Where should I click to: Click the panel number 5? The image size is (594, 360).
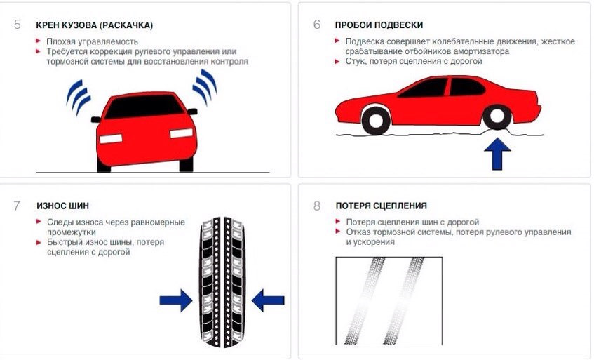coord(17,25)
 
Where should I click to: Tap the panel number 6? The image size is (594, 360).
coord(317,25)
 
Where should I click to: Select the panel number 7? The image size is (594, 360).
coord(17,206)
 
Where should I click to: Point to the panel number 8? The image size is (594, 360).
coord(317,206)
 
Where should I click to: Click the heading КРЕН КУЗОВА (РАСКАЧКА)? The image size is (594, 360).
coord(94,25)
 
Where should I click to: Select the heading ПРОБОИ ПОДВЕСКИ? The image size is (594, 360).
coord(379,25)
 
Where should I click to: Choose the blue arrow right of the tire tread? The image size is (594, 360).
coord(267,301)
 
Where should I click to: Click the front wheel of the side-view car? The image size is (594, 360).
coord(497,118)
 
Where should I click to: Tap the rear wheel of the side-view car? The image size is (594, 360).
coord(376,120)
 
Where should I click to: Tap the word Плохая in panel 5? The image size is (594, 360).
coord(61,41)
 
